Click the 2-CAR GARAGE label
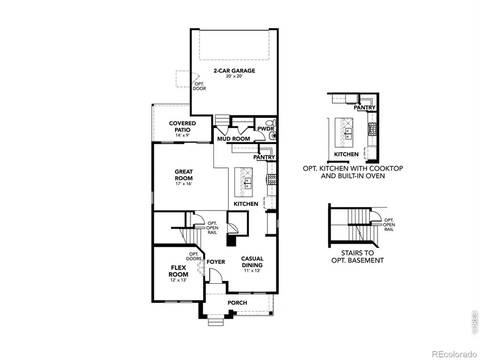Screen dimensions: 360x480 tap(235, 70)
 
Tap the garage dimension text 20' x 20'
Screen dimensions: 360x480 tap(235, 76)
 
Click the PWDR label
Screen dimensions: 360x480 tap(265, 129)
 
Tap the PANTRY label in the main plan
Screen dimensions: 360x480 tap(265, 157)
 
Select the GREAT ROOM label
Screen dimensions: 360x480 tap(183, 175)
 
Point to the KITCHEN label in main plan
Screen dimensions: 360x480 tap(246, 204)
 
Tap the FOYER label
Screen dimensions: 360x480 tap(216, 262)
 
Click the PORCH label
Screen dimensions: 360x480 tap(237, 303)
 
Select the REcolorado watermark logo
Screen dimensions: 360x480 tap(454, 353)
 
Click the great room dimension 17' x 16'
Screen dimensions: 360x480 tap(183, 184)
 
